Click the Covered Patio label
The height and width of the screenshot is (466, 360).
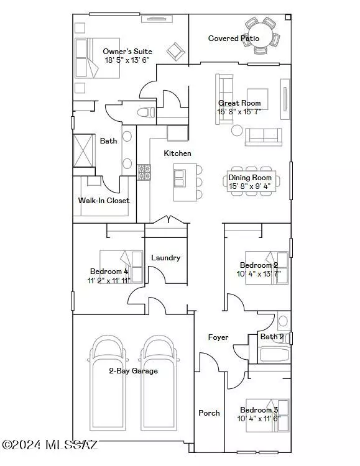point(234,39)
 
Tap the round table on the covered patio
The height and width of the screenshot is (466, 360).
point(261,35)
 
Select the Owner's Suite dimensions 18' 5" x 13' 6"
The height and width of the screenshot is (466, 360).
point(127,60)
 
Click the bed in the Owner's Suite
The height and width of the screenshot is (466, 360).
point(97,58)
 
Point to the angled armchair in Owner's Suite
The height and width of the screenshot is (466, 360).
point(176,52)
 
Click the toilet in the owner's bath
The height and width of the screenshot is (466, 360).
point(146,112)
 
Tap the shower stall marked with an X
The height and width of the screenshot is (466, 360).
point(84,151)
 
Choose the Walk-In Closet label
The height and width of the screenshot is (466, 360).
point(104,201)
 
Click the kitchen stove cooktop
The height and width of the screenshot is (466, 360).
point(144,172)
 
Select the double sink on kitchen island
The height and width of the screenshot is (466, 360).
point(180,178)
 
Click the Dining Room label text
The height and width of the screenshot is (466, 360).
point(250,178)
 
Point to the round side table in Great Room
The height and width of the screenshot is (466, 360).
point(237,130)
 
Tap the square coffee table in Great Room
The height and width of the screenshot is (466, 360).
point(257,99)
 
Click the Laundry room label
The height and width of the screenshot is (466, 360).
point(166,258)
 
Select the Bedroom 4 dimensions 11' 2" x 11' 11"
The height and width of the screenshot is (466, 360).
point(109,280)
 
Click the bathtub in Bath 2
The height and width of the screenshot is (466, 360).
point(274,355)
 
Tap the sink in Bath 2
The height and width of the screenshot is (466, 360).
point(283,321)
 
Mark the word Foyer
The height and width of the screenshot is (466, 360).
point(218,337)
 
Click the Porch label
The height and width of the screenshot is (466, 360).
point(209,413)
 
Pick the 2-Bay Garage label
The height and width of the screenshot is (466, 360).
point(133,371)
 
